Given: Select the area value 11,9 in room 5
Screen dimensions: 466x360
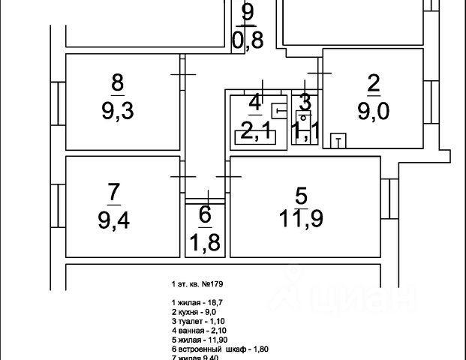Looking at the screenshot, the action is (302, 219).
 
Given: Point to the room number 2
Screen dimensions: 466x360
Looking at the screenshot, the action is (373, 85).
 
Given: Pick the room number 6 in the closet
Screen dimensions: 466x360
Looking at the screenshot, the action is (205, 214).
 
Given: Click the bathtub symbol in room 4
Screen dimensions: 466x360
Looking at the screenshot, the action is (254, 136).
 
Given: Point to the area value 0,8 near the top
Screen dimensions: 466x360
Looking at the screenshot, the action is (248, 40).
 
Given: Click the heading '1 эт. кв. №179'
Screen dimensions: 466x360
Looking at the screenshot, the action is (193, 285).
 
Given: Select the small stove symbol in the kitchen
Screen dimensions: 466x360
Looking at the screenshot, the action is (339, 140).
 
